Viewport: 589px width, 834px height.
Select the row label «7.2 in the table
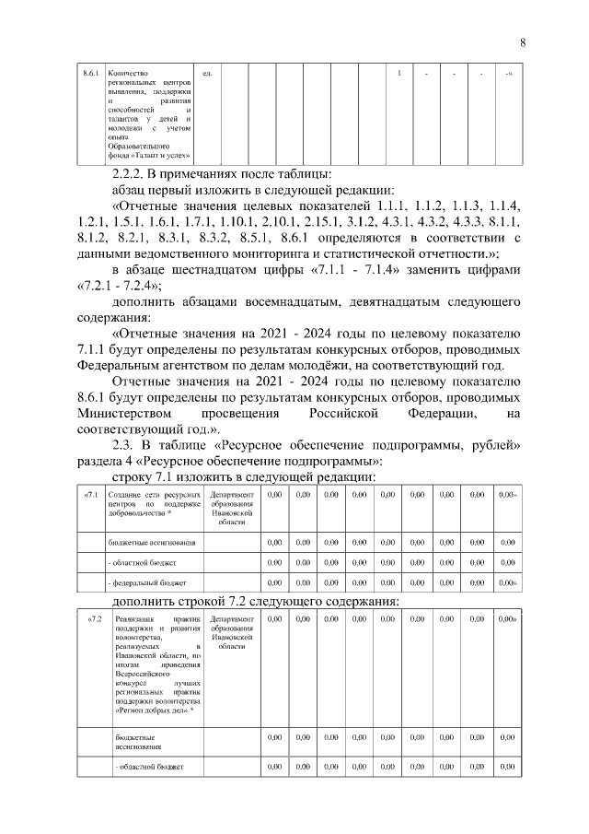click(90, 618)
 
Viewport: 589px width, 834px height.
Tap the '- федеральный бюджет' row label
click(149, 582)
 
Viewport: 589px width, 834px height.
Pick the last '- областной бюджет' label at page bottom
click(146, 767)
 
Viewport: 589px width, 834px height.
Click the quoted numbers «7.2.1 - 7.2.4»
click(117, 286)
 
